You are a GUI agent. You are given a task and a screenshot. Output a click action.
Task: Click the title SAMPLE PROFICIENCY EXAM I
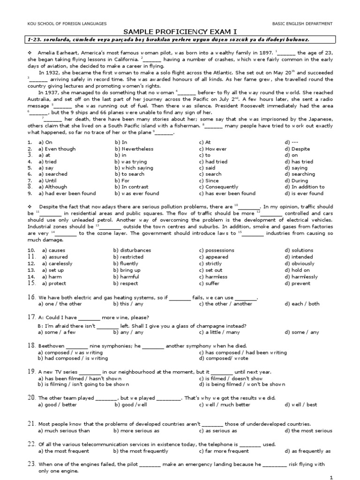(x=180, y=31)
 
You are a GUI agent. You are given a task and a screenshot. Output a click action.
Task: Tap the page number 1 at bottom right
(x=331, y=477)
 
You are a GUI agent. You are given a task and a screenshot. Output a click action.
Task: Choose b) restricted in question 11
(x=127, y=257)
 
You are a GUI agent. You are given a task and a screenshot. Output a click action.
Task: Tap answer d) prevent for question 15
(x=298, y=283)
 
